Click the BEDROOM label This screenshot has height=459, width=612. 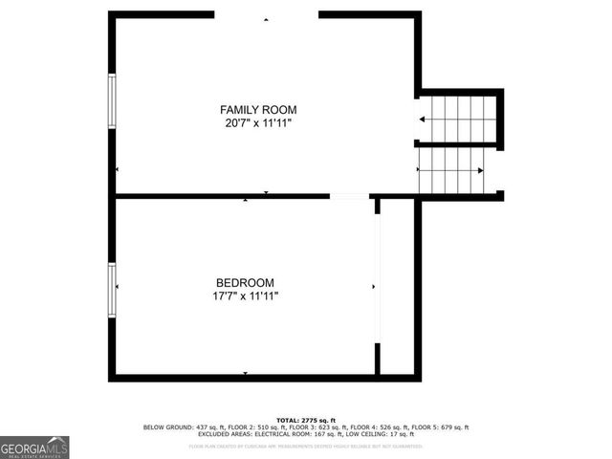[x=245, y=282]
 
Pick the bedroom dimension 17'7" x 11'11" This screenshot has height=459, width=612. [x=245, y=296]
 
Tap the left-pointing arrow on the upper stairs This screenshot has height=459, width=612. [x=423, y=120]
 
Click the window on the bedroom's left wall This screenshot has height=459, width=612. [x=113, y=290]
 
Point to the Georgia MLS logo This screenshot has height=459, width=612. [x=34, y=448]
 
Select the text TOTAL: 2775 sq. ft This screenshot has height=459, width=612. [x=305, y=420]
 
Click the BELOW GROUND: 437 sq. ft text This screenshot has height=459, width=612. [x=179, y=427]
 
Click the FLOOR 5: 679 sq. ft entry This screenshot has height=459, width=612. [x=439, y=427]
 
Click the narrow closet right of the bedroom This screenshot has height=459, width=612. [x=397, y=287]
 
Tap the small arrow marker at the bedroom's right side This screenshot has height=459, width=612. [x=373, y=286]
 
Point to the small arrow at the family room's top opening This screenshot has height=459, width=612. [x=267, y=18]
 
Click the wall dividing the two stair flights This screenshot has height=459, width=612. [x=457, y=145]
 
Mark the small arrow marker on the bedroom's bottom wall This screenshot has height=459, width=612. [x=245, y=372]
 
